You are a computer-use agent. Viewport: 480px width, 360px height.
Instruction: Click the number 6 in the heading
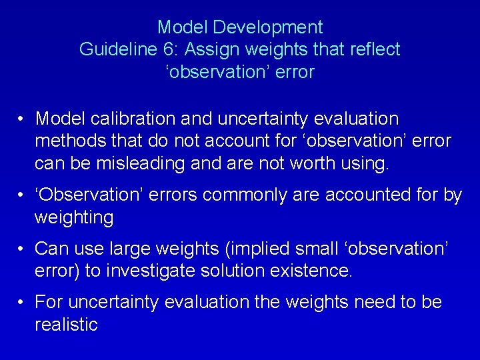(x=175, y=49)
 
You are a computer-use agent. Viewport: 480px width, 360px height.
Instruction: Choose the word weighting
(x=73, y=217)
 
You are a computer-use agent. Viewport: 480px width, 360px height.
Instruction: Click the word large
(x=127, y=249)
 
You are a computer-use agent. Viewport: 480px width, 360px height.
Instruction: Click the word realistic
(x=66, y=325)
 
